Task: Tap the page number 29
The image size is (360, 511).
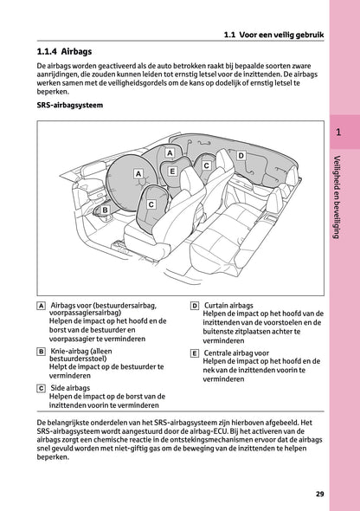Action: pos(319,495)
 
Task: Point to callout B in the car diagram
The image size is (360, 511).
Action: pos(105,210)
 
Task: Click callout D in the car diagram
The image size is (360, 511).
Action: pos(241,155)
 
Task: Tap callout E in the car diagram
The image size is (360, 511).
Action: pos(173,171)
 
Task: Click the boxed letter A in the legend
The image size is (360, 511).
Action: pos(42,307)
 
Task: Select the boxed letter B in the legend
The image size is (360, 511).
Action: pos(42,353)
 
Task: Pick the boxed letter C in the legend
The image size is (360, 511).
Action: pos(42,389)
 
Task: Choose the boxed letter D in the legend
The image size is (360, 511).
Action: pos(195,307)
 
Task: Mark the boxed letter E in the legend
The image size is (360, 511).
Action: pos(195,353)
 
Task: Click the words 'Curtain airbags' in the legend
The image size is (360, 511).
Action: pos(228,307)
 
